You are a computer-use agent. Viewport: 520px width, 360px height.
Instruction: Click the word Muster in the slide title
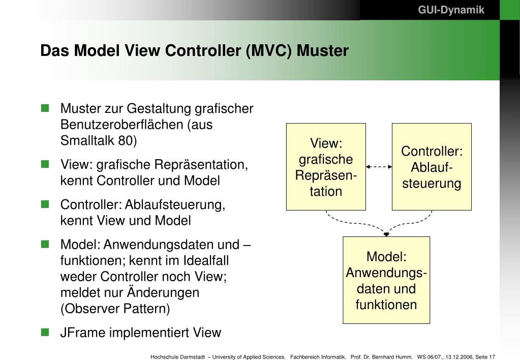coord(323,51)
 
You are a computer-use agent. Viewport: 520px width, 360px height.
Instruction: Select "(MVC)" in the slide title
coord(268,51)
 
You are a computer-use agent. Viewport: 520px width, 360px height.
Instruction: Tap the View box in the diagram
coord(326,167)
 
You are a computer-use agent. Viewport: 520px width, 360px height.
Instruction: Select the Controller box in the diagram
coord(432,167)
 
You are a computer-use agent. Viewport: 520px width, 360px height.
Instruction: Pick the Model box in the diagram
coord(386,280)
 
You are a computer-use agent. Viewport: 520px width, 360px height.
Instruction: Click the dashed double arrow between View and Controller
coord(379,166)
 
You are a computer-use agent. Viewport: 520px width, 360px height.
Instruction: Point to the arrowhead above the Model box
coord(386,234)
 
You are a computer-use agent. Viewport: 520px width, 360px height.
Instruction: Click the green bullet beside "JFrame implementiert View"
coord(45,332)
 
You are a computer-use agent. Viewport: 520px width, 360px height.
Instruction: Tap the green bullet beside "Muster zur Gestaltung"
coord(45,108)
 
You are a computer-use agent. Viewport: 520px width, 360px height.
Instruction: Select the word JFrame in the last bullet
coord(81,333)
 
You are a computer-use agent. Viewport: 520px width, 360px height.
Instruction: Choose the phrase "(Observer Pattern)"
coord(115,309)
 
